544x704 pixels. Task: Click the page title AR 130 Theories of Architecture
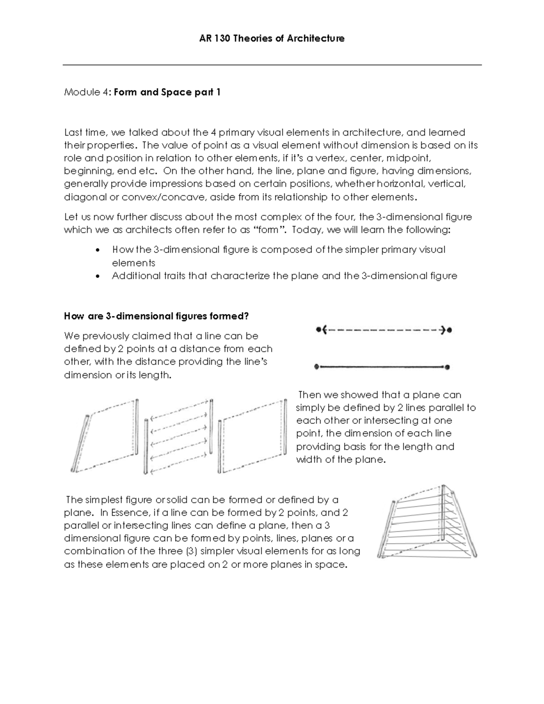pos(272,39)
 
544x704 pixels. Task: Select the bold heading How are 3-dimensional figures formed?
pos(156,316)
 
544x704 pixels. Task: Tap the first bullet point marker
pos(98,250)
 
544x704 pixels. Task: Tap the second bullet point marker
pos(98,276)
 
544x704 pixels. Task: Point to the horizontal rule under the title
pos(272,65)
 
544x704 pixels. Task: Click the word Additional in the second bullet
pos(136,276)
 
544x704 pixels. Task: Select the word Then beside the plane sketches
pos(309,395)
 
